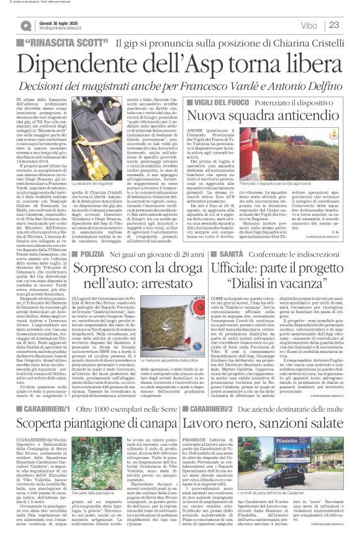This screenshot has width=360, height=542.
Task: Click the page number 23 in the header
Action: (333, 25)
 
